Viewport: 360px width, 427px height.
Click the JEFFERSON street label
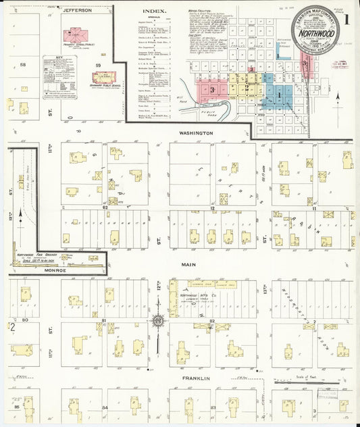[x=77, y=10]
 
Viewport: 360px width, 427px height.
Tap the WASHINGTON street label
[x=196, y=133]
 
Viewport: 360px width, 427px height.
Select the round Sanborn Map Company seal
[x=315, y=28]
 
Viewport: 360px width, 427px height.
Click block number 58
[x=22, y=65]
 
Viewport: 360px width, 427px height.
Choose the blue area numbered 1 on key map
[x=278, y=95]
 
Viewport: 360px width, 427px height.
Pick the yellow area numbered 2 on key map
[x=248, y=86]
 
